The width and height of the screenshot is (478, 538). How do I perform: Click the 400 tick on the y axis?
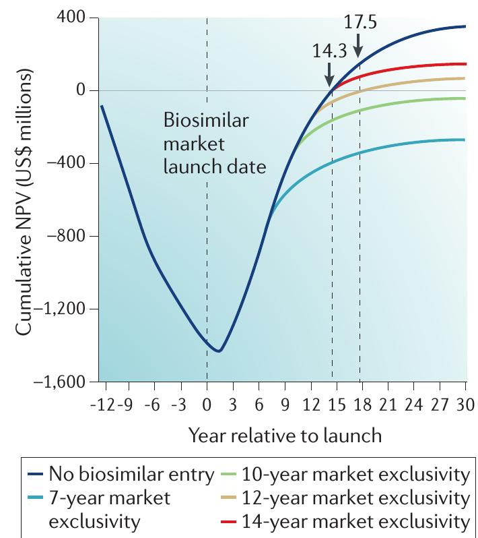75,18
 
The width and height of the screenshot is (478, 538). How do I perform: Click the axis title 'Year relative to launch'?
285,436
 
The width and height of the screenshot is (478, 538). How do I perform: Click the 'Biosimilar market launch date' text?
206,144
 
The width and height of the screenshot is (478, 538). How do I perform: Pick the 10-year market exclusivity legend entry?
345,475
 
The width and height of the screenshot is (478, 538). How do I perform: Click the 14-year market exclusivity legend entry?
345,520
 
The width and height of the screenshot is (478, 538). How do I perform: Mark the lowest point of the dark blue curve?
218,351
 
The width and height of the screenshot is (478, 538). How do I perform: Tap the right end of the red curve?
465,64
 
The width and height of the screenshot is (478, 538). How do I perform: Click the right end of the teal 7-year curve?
465,140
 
